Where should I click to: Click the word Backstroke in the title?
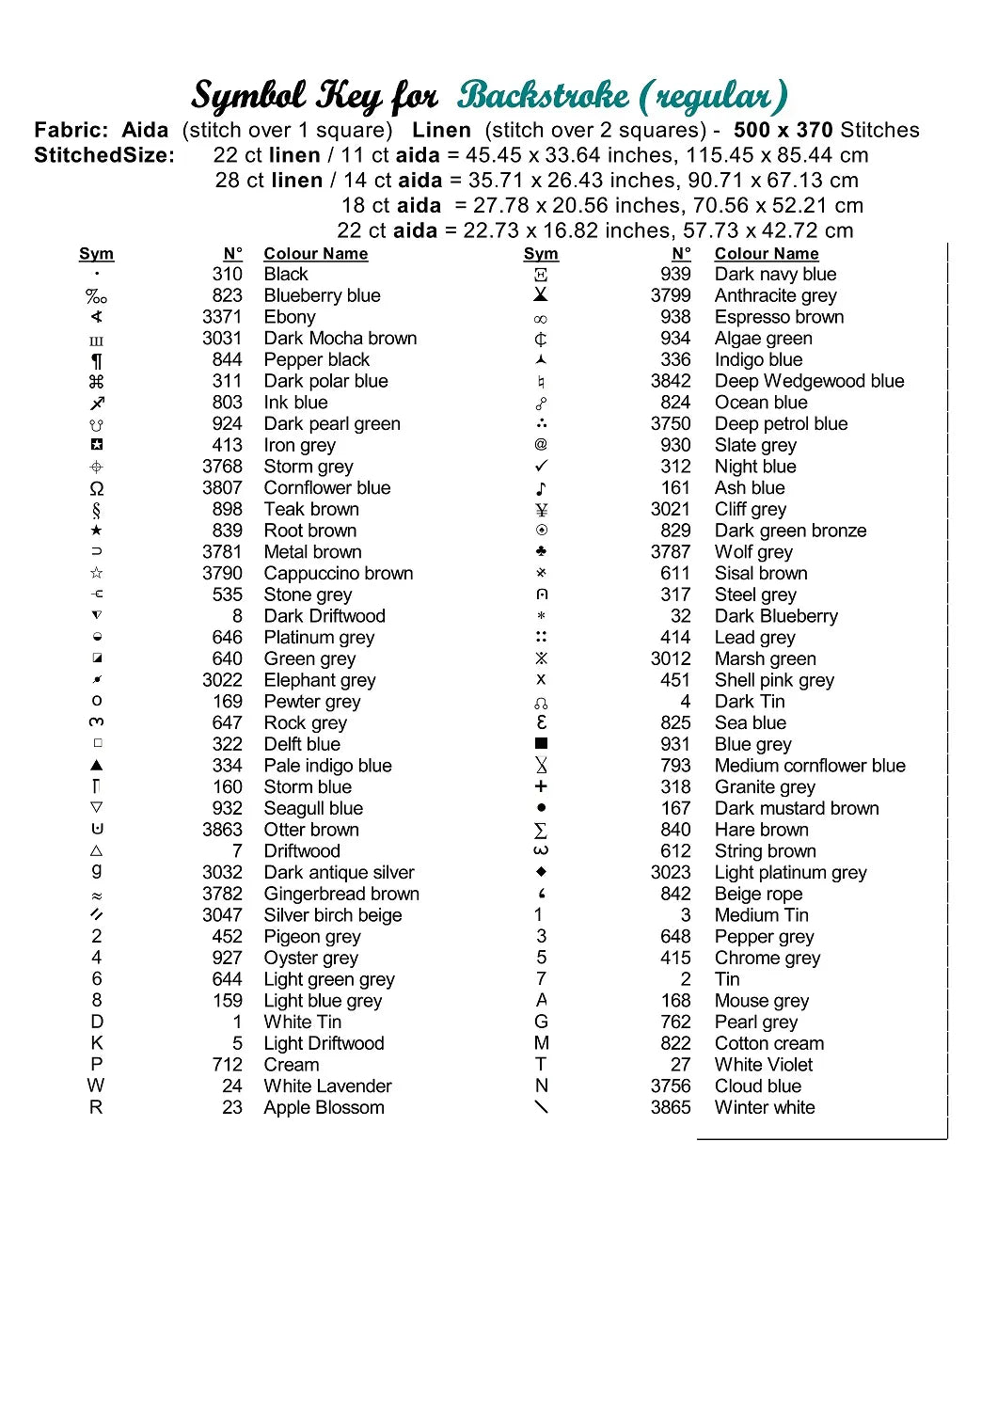click(544, 95)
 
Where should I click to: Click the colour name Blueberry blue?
click(322, 295)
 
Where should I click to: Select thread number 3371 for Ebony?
click(222, 317)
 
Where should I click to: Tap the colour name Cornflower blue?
click(326, 487)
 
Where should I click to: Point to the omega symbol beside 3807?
click(96, 488)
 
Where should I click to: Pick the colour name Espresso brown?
click(779, 317)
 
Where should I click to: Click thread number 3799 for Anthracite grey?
click(671, 295)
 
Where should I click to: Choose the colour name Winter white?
click(765, 1107)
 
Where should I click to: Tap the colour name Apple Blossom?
click(324, 1107)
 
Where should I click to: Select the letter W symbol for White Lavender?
click(96, 1086)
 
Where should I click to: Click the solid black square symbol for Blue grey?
click(541, 744)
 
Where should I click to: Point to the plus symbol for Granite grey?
click(541, 786)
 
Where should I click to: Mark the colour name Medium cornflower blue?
click(810, 766)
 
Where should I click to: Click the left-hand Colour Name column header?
click(315, 253)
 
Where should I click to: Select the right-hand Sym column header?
click(541, 253)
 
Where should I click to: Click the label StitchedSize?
click(104, 155)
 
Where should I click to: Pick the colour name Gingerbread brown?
click(341, 894)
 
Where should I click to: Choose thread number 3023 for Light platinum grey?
click(671, 872)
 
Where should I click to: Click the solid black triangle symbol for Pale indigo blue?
click(96, 766)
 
